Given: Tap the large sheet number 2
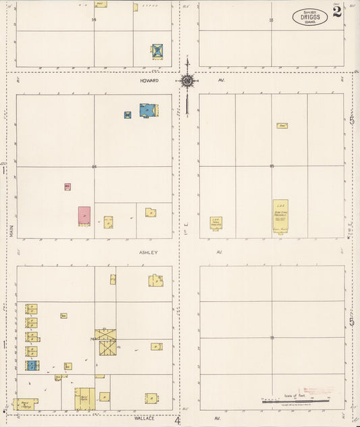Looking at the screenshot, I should point(336,11).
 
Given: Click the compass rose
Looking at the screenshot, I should point(187,81).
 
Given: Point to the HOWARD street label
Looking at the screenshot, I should point(149,80).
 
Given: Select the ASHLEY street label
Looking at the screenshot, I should point(149,252).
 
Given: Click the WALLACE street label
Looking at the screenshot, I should point(144,418).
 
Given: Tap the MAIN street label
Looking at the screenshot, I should point(11,230).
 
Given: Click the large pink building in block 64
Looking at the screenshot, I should point(84,216).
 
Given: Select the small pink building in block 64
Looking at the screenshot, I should point(68,186).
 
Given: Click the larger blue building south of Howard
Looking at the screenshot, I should point(149,109).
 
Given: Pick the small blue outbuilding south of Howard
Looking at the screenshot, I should point(128,115).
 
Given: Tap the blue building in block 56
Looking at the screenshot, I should point(157,51).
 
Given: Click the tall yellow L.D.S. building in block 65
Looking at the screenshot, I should point(280,216).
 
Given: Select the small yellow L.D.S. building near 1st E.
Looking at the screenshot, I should point(216,222).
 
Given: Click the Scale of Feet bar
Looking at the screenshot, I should point(296,401).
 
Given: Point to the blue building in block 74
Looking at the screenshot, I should point(32,366).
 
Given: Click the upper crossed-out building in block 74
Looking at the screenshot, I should point(105,334).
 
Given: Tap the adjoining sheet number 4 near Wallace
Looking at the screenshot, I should point(178,420).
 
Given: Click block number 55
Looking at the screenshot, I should point(272,20).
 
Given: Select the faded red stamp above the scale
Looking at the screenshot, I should point(317,391).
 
